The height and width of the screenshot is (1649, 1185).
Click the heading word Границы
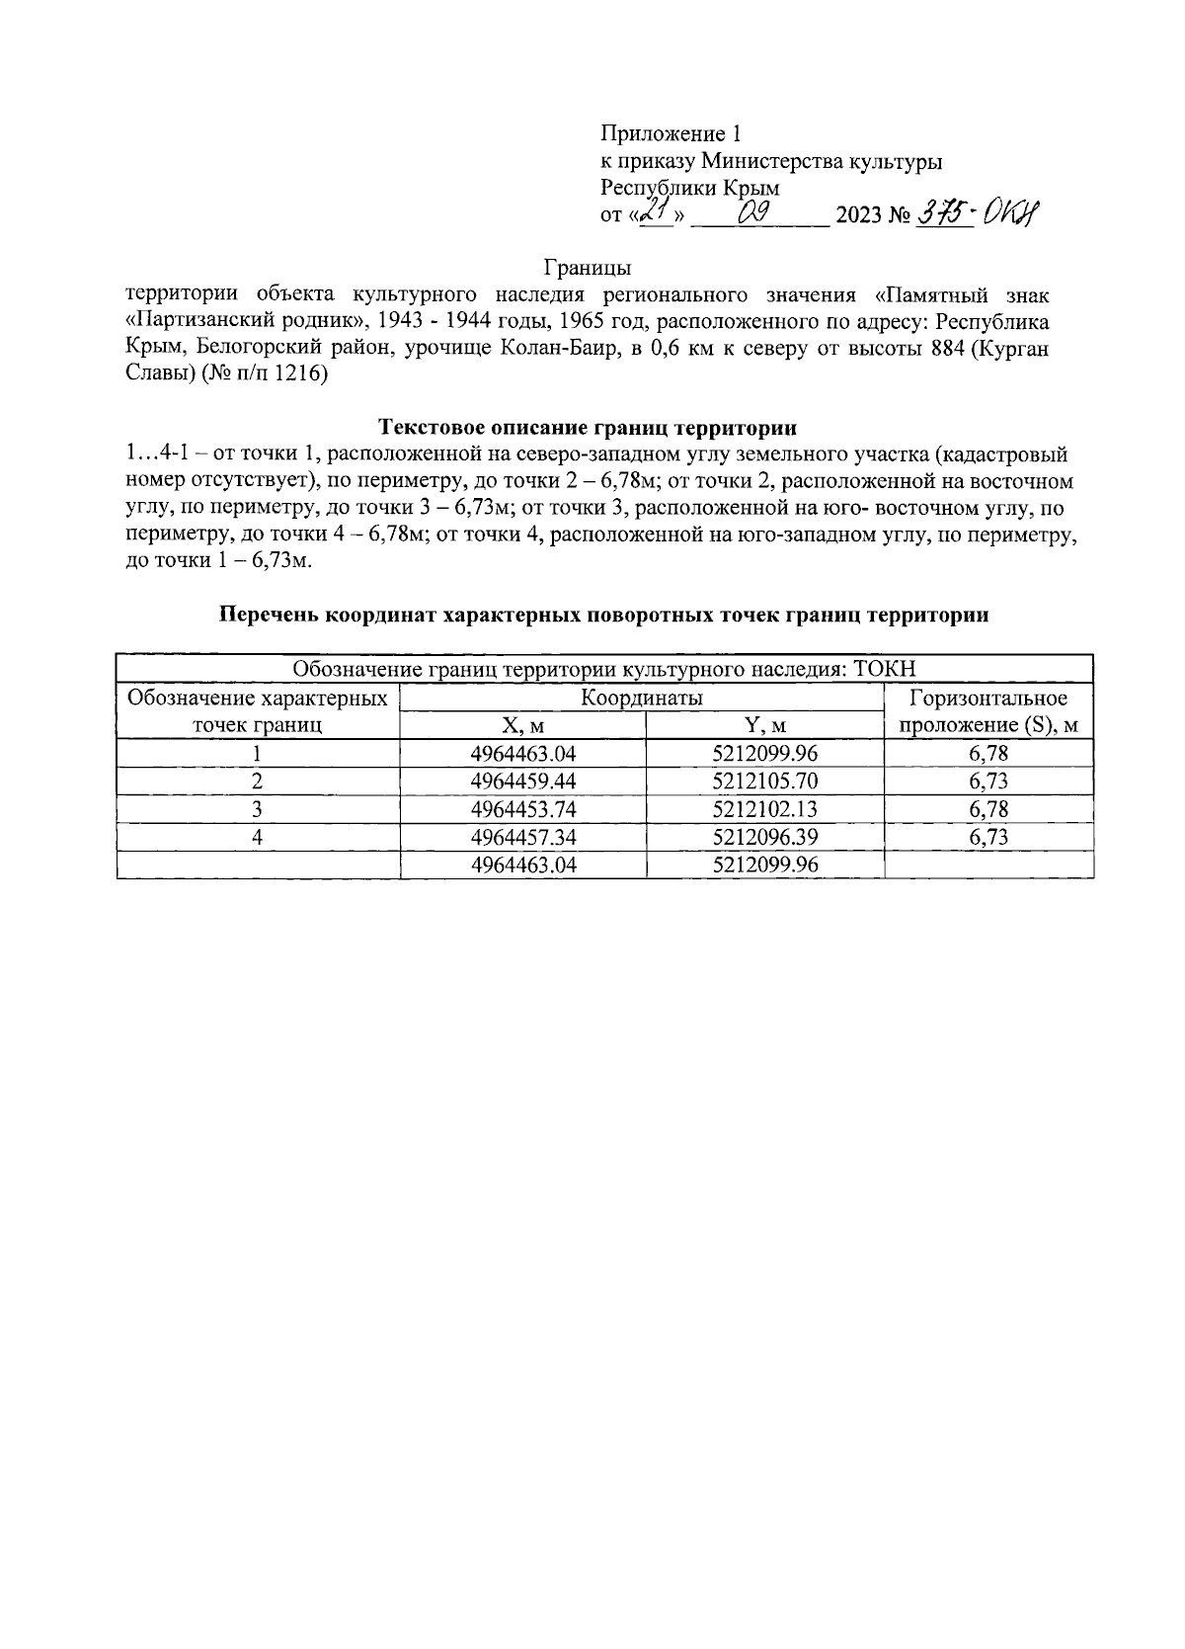tap(588, 268)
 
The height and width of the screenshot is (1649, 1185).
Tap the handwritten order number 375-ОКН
tap(980, 212)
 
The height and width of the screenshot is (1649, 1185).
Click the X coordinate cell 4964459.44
tap(522, 782)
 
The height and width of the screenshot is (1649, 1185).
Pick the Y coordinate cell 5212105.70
tap(764, 782)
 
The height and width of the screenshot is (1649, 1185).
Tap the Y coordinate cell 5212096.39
tap(764, 837)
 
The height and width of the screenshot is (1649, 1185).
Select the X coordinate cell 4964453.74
tap(522, 809)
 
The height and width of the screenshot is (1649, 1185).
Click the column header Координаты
tap(641, 699)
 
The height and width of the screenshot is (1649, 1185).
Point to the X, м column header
tap(522, 726)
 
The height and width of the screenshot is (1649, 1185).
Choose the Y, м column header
tap(764, 726)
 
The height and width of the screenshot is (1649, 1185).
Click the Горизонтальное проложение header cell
tap(988, 712)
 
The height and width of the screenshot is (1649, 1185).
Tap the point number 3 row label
tap(257, 809)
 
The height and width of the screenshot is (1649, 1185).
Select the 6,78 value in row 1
tap(988, 754)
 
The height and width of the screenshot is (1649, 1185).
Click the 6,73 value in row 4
tap(988, 837)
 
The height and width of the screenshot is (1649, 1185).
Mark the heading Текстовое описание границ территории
tap(588, 428)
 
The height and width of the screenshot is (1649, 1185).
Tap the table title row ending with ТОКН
tap(604, 669)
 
